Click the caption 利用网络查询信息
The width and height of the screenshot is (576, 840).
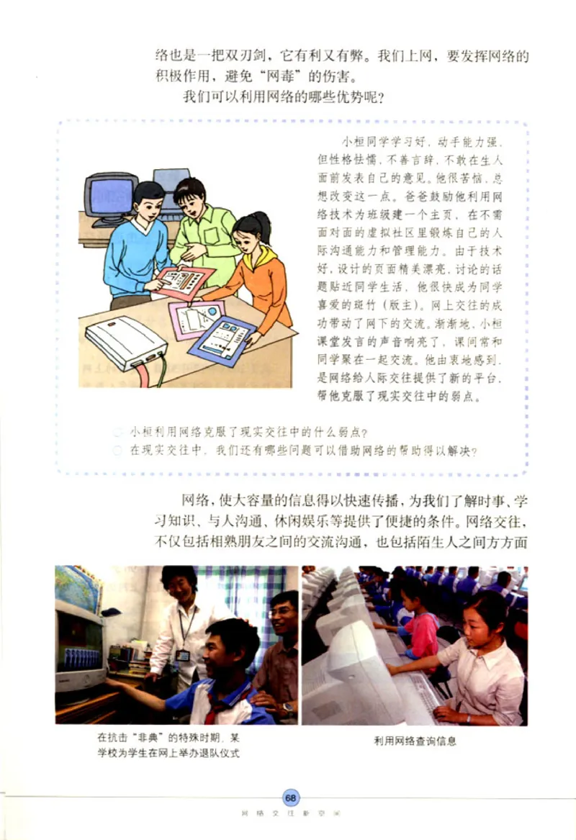[x=415, y=740]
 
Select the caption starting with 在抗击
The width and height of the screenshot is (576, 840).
[x=169, y=744]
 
